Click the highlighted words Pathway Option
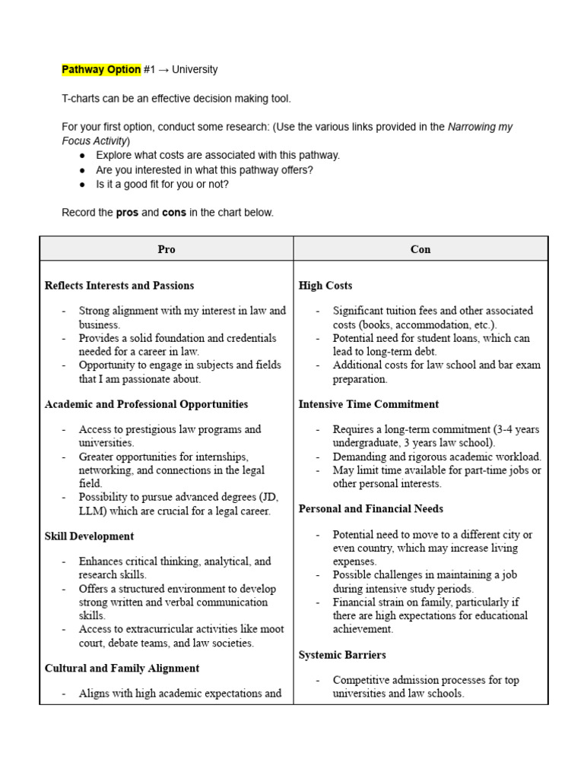click(x=101, y=70)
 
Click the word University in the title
click(x=195, y=70)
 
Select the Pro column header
click(x=167, y=249)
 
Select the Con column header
click(x=421, y=249)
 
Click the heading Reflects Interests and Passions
click(x=119, y=286)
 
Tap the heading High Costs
click(x=325, y=286)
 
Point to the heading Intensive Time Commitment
click(x=369, y=404)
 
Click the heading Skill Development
click(x=89, y=536)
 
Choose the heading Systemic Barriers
click(x=342, y=655)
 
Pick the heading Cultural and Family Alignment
click(x=122, y=669)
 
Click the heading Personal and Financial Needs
click(x=371, y=509)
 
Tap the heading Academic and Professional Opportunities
click(x=146, y=404)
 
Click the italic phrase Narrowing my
click(x=480, y=127)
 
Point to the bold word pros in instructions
click(x=127, y=213)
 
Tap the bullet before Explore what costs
click(x=82, y=156)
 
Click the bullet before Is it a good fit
click(x=82, y=185)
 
